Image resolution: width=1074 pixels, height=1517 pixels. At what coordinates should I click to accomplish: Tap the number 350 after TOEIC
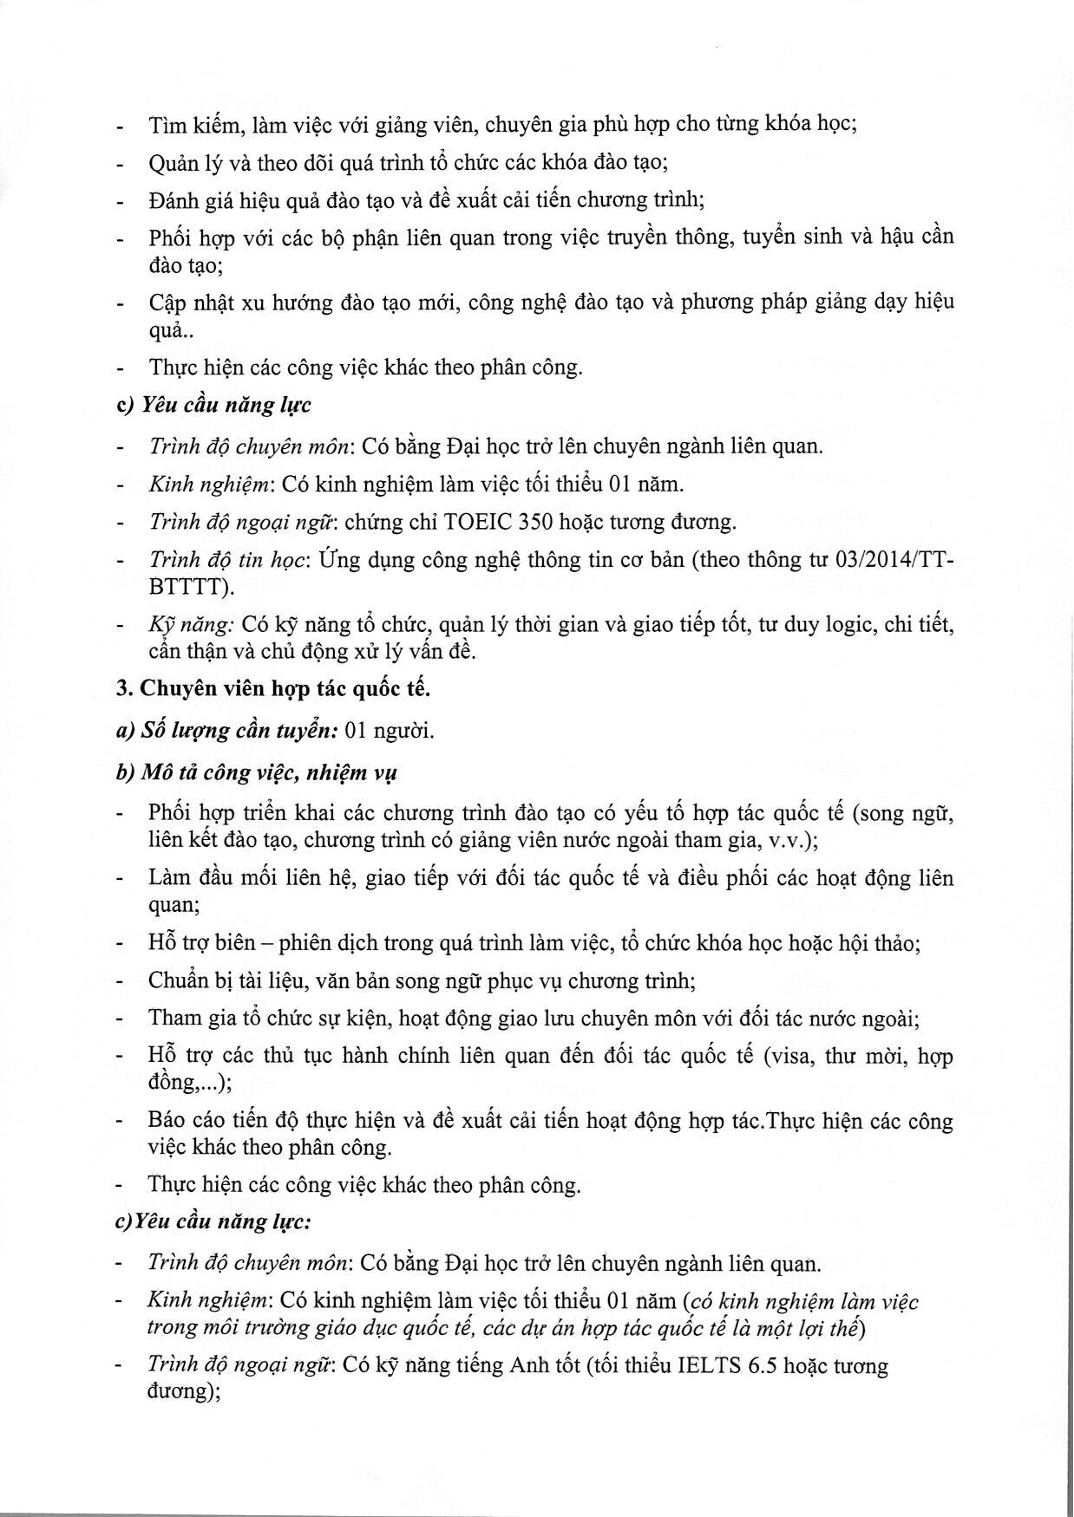[536, 522]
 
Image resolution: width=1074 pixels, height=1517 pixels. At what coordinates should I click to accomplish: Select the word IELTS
[703, 1365]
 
